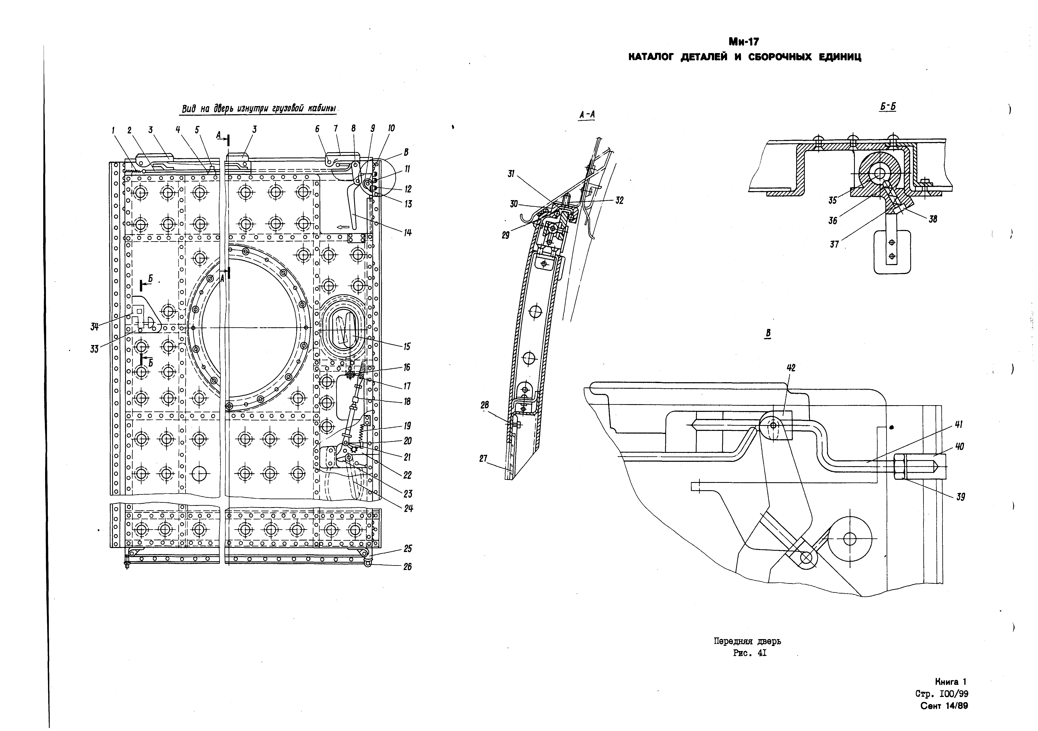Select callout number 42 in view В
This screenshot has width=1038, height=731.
click(x=791, y=368)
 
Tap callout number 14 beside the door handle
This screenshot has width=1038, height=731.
click(x=408, y=233)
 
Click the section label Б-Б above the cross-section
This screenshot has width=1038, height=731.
click(x=888, y=107)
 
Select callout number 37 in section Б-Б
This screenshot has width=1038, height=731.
click(x=834, y=245)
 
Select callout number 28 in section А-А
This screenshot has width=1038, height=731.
click(x=485, y=405)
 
